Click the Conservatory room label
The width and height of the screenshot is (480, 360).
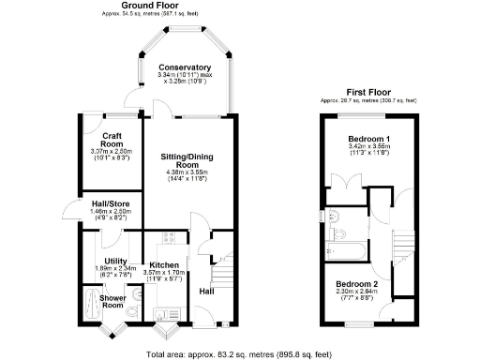click(x=184, y=68)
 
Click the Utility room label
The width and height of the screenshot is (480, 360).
click(x=115, y=261)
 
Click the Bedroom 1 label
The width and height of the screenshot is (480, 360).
click(x=367, y=139)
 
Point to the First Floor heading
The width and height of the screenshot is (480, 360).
click(x=367, y=92)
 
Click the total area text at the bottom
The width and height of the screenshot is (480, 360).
click(x=239, y=354)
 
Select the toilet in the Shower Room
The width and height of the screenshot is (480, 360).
click(x=137, y=312)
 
